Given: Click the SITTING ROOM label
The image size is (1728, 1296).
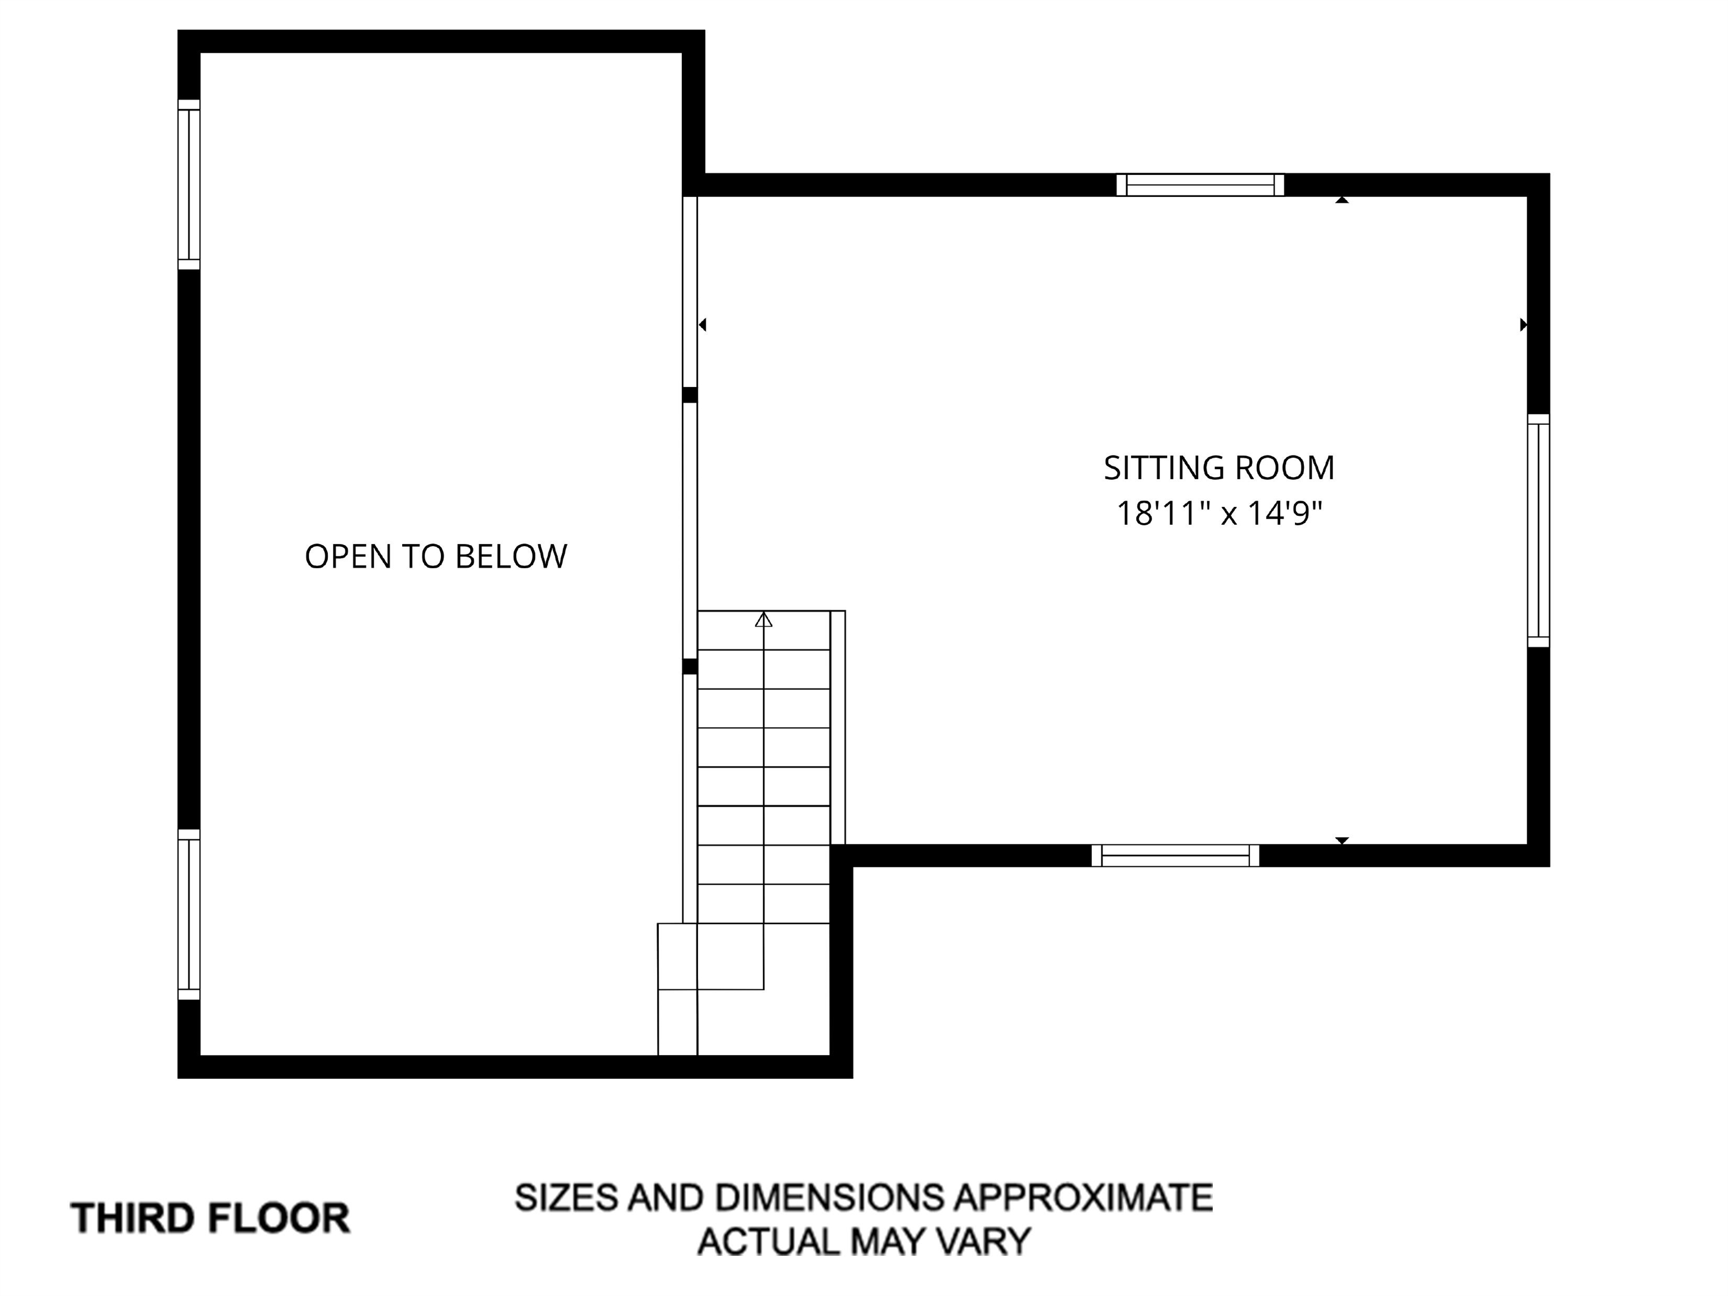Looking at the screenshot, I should click(1219, 468).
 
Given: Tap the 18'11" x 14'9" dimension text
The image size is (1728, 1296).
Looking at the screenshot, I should click(1219, 514).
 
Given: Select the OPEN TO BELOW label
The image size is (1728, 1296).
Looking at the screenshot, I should click(436, 556).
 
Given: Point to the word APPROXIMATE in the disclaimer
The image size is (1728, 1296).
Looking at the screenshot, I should click(1083, 1198).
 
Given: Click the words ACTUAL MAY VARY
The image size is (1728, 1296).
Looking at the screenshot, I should click(864, 1241).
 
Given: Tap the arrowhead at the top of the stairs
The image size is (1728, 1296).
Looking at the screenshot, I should click(763, 620).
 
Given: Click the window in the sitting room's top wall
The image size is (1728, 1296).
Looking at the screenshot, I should click(1200, 185).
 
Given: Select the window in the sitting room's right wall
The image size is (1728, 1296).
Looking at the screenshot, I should click(1538, 530).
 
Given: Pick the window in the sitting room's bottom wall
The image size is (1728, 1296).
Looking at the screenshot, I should click(1175, 856).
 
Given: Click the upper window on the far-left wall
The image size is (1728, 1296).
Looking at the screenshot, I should click(189, 184).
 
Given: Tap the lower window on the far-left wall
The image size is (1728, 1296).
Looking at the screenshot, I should click(189, 914).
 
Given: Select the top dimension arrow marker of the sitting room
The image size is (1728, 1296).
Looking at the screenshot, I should click(1342, 200).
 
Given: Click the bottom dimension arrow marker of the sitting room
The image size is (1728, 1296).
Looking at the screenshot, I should click(1342, 840).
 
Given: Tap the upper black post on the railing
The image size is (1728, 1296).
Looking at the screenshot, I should click(690, 394).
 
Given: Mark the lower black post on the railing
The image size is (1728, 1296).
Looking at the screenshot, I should click(690, 667).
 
